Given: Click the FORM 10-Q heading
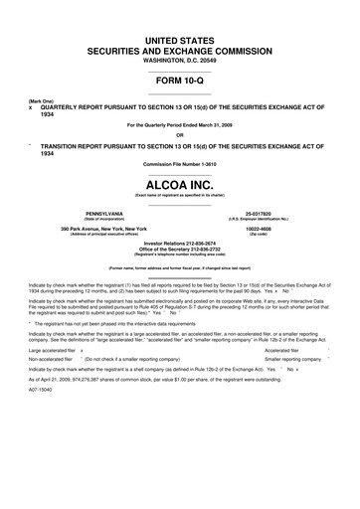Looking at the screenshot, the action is [x=180, y=81].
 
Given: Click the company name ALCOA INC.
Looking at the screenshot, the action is [x=180, y=186].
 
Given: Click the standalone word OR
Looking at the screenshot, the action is [x=180, y=135].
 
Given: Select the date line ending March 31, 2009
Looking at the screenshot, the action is [x=180, y=124].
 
